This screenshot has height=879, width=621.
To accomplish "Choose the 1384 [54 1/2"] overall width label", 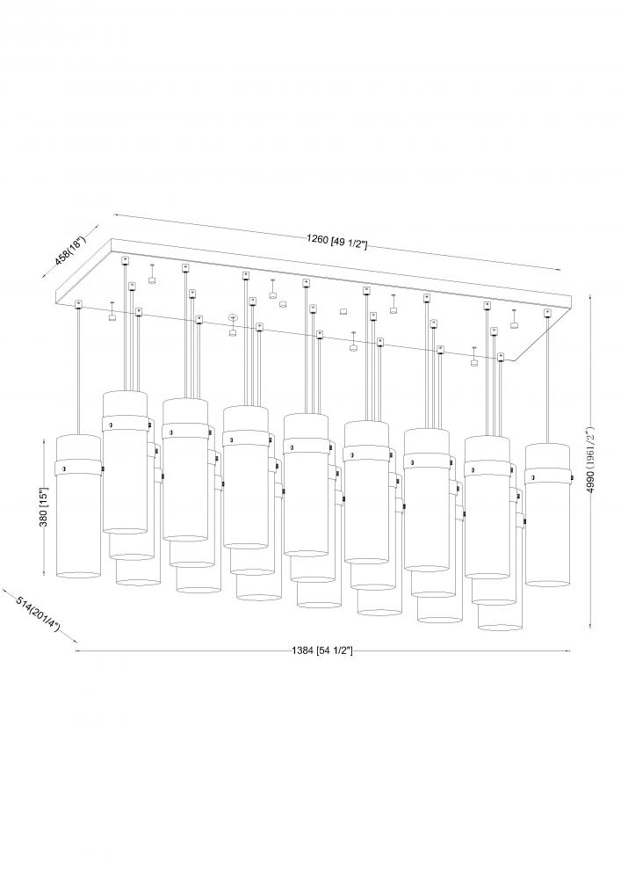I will pyautogui.click(x=322, y=651).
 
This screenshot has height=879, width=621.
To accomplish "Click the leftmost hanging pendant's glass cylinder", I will pyautogui.click(x=79, y=527).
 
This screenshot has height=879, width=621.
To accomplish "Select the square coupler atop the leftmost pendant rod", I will pyautogui.click(x=79, y=304).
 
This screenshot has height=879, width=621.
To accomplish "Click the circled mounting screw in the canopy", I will pyautogui.click(x=233, y=316).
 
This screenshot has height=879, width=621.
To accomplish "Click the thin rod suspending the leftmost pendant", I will pyautogui.click(x=79, y=369).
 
